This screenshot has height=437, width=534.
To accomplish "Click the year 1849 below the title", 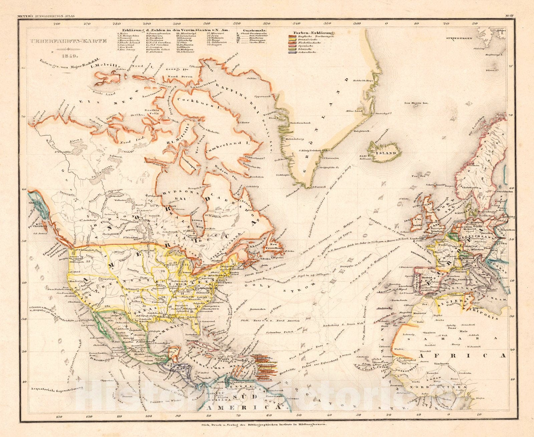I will coord(71,55).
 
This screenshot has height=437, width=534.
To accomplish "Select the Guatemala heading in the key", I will coord(256,30).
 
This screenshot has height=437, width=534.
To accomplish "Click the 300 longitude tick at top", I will coord(177,24).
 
